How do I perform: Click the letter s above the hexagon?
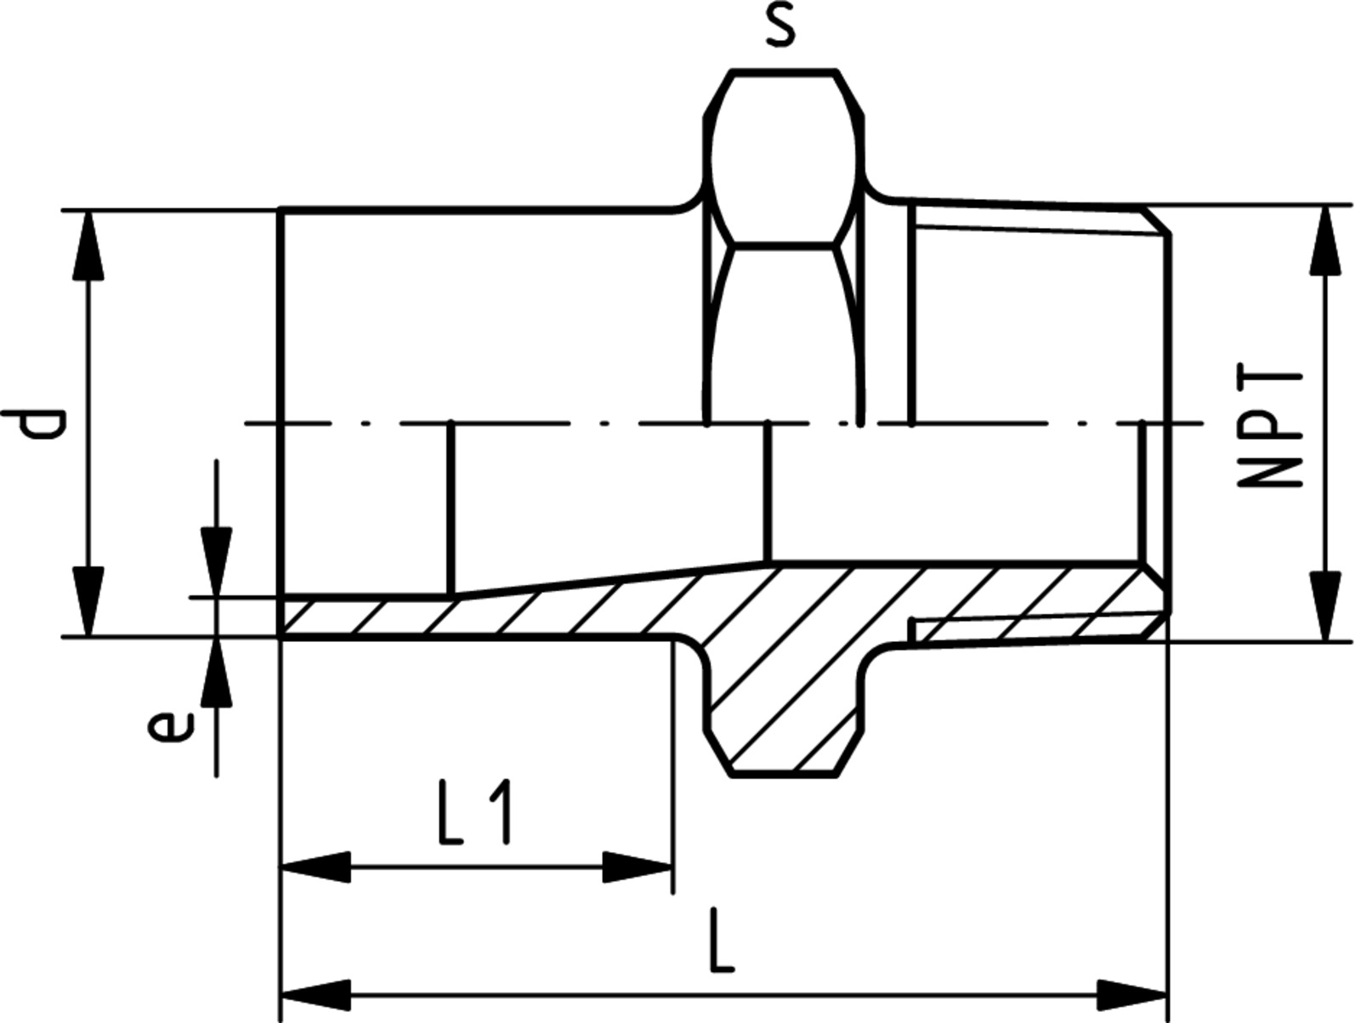[x=780, y=28]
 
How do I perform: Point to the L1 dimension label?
[x=474, y=812]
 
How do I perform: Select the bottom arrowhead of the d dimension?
[x=88, y=601]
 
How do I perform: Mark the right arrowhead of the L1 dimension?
[x=637, y=867]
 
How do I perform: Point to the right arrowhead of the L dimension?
[x=1132, y=995]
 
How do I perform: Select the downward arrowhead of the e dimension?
[x=216, y=562]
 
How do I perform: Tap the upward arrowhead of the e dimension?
[x=216, y=670]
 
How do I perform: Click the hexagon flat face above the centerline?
[x=784, y=158]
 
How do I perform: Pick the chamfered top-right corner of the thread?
[x=1155, y=222]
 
